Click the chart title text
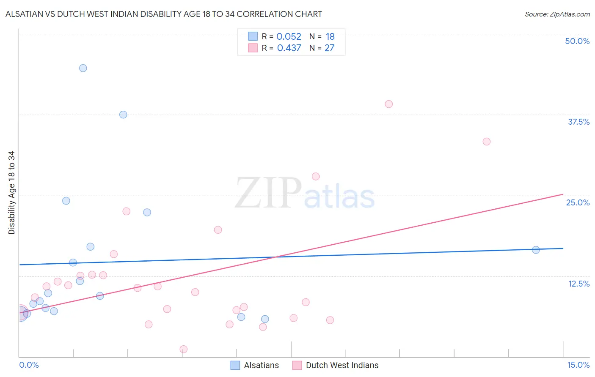(164, 14)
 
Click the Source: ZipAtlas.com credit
(557, 14)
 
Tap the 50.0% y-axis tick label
(577, 41)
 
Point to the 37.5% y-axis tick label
(578, 122)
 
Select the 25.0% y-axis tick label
(578, 202)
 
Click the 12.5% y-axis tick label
(578, 284)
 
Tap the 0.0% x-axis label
(29, 365)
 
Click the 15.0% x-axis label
(578, 365)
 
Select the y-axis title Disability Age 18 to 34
(11, 193)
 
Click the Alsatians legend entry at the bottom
(255, 365)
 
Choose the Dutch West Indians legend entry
(336, 365)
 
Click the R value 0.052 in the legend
(289, 37)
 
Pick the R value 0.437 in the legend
(289, 48)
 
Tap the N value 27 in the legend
(329, 48)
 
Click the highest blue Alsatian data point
(83, 68)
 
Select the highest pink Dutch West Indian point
(389, 104)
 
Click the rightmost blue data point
(536, 250)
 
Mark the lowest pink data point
(184, 349)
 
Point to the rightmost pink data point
(487, 142)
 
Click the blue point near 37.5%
(123, 115)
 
